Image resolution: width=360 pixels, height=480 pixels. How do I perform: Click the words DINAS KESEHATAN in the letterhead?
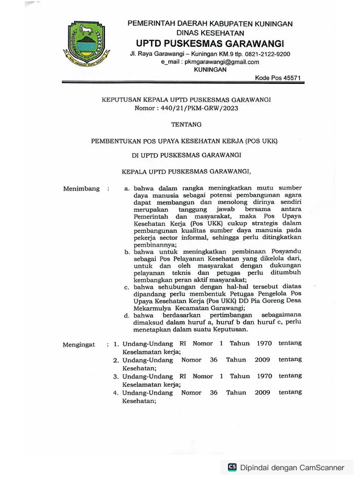tap(210, 33)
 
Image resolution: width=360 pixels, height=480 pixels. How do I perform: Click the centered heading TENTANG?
tap(187, 124)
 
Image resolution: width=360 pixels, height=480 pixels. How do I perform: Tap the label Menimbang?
tap(81, 188)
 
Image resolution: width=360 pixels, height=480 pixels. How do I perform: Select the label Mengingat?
tap(79, 345)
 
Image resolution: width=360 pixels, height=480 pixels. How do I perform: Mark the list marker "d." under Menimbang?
tap(127, 315)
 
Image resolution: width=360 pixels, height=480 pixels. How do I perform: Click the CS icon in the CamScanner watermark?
tap(232, 467)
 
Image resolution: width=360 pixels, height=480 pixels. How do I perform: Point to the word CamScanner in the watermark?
tap(321, 467)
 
